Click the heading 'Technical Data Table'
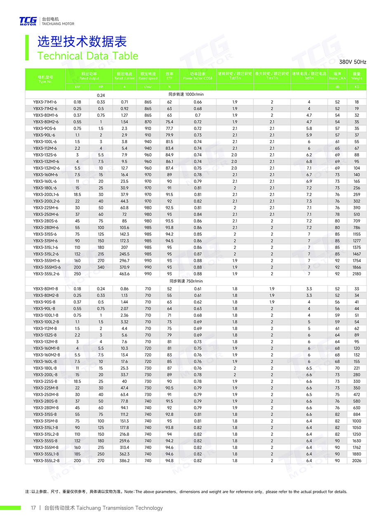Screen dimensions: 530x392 pyautogui.click(x=87, y=56)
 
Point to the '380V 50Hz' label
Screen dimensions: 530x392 pyautogui.click(x=352, y=62)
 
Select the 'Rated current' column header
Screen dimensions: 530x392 pyautogui.click(x=124, y=76)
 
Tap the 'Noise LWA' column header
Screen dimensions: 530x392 pyautogui.click(x=337, y=76)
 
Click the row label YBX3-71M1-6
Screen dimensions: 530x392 pyautogui.click(x=45, y=102)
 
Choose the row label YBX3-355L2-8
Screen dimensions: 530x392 pyautogui.click(x=46, y=461)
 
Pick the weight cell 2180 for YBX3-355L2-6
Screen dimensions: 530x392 pyautogui.click(x=357, y=274)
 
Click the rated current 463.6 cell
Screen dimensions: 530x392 pyautogui.click(x=124, y=274)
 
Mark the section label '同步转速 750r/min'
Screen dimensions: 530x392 pyautogui.click(x=186, y=281)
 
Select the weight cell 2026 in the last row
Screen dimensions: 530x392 pyautogui.click(x=357, y=461)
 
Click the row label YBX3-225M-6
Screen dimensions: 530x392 pyautogui.click(x=45, y=208)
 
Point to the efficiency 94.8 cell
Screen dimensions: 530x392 pyautogui.click(x=169, y=461)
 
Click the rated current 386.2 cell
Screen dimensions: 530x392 pyautogui.click(x=124, y=461)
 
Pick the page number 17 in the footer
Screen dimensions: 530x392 pyautogui.click(x=33, y=508)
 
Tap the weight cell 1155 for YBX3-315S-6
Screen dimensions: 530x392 pyautogui.click(x=357, y=234)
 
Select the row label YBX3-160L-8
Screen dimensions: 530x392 pyautogui.click(x=45, y=362)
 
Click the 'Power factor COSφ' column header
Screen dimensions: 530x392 pyautogui.click(x=198, y=76)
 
